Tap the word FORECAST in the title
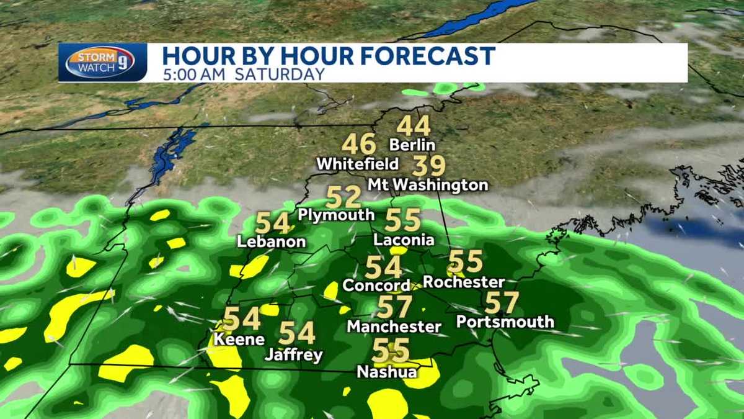427,55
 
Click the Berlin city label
412,145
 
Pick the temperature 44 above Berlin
414,126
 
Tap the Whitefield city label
357,164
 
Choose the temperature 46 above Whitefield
359,145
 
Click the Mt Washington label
428,185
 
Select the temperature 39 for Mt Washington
429,166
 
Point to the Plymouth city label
336,215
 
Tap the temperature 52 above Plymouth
343,197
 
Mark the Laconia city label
404,240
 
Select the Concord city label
376,286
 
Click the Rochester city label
464,282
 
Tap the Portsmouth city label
505,322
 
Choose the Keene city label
239,340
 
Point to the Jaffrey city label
294,356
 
